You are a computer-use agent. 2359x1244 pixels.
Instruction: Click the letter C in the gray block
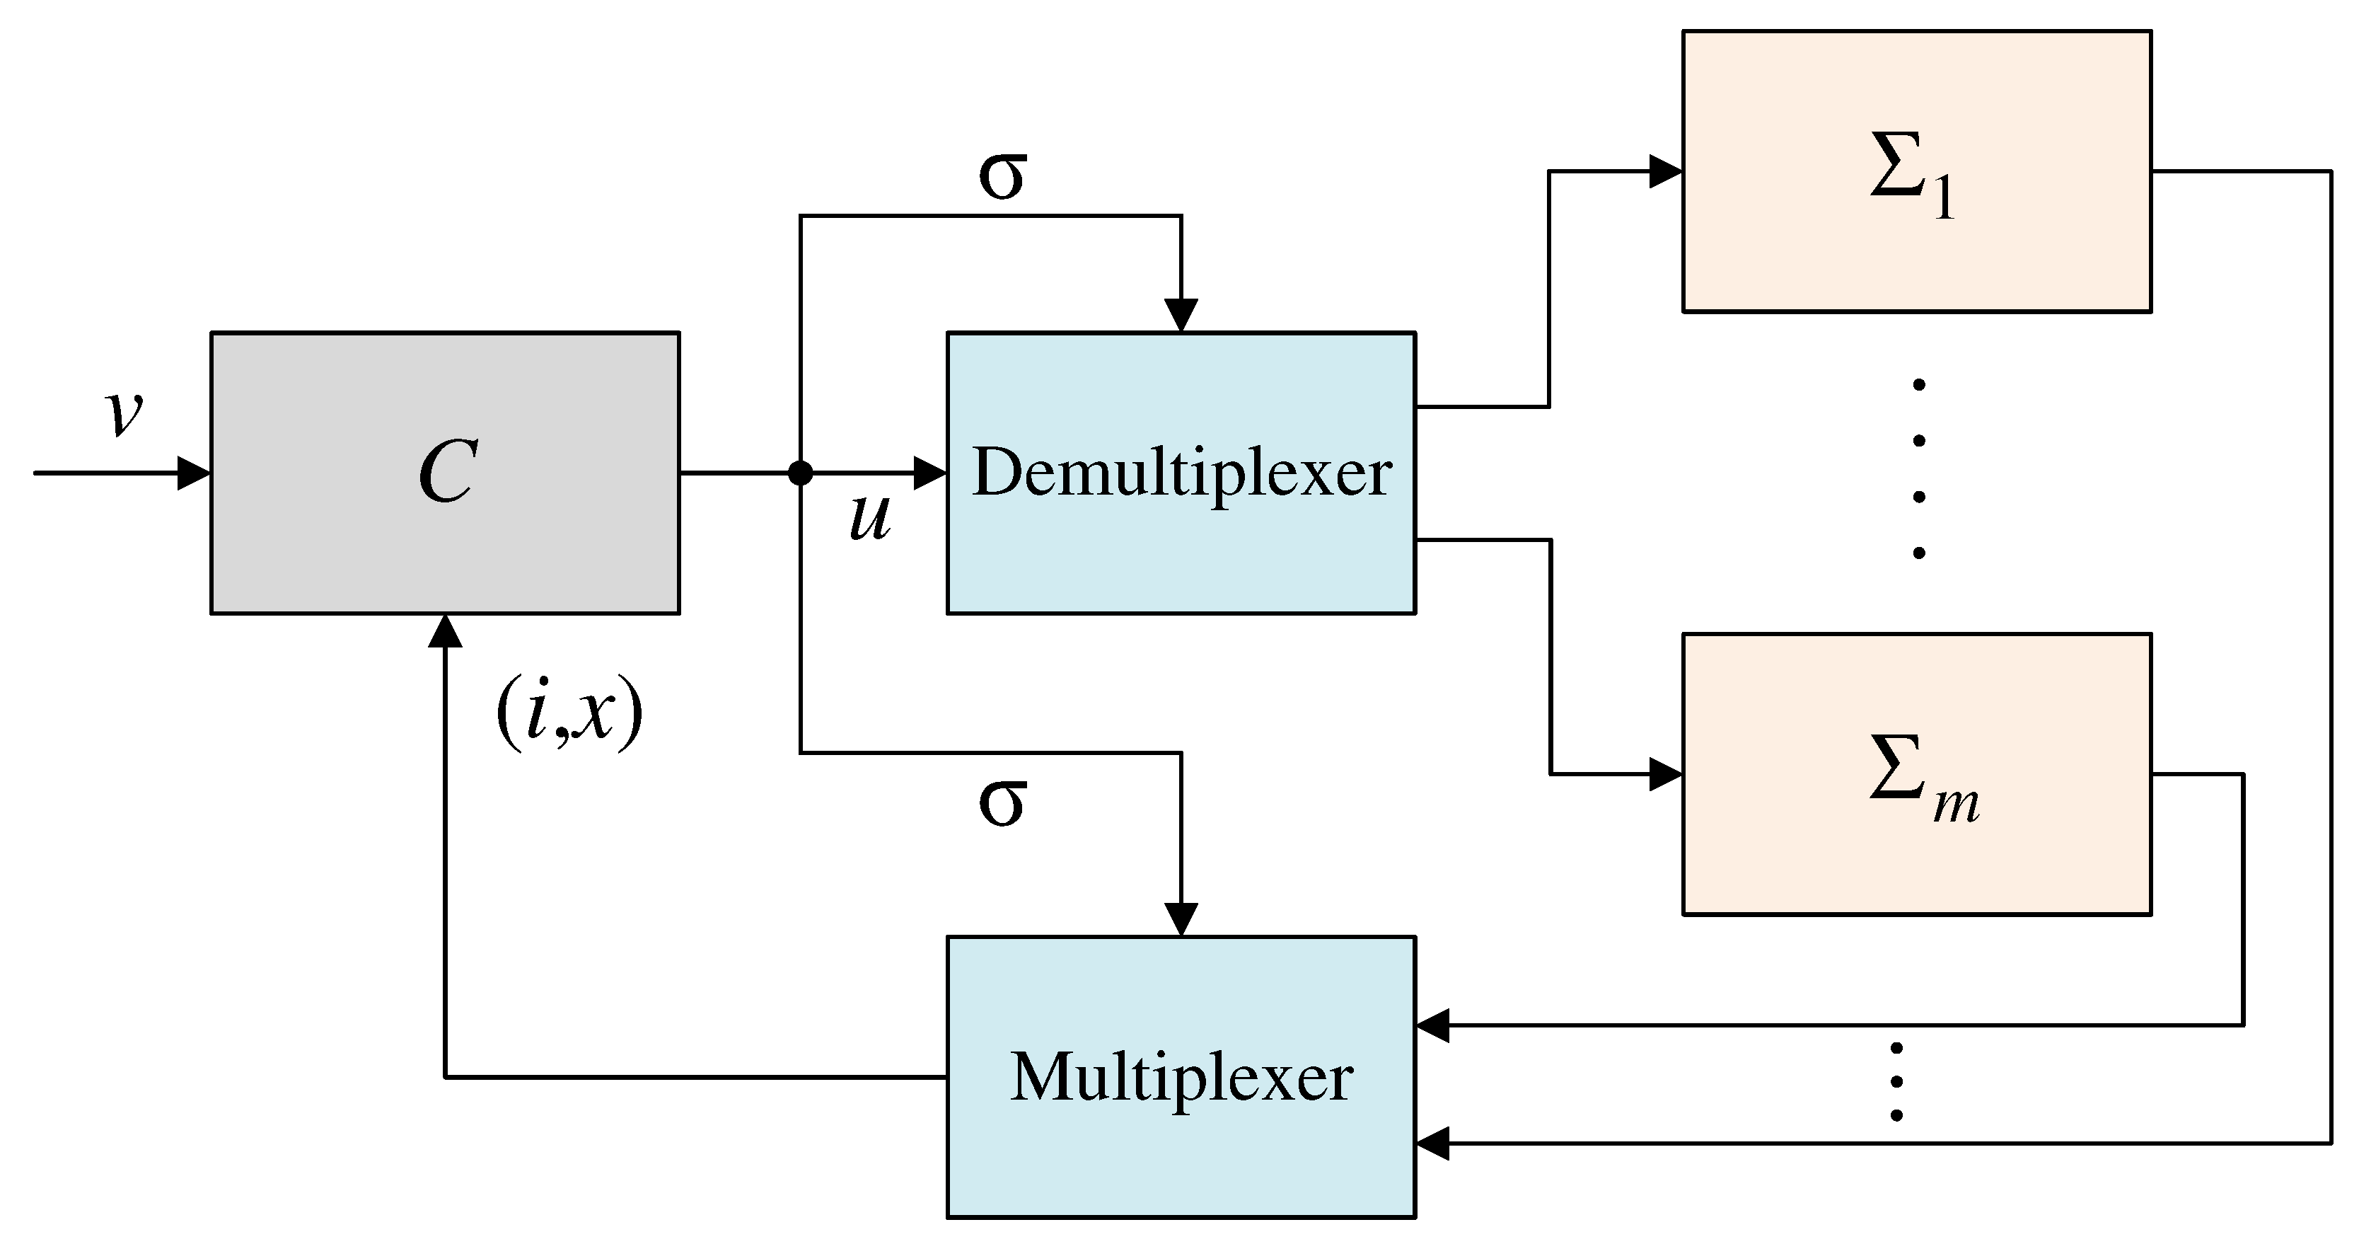(447, 473)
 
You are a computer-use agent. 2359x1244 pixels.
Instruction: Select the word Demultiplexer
(1181, 473)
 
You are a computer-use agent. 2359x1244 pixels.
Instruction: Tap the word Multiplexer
(1181, 1077)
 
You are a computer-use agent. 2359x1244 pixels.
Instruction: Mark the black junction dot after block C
(801, 473)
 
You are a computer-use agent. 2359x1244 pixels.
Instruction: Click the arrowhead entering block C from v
(194, 473)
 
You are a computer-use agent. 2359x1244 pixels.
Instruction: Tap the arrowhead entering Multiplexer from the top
(1181, 920)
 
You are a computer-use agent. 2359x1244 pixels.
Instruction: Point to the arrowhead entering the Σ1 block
(1666, 171)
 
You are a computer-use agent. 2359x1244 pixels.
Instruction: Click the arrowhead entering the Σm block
(1666, 775)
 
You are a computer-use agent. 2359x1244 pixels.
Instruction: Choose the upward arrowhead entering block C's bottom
(445, 631)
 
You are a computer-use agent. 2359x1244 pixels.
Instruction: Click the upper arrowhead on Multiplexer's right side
(1433, 1025)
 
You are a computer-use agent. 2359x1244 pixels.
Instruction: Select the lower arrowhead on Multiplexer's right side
(1433, 1144)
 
